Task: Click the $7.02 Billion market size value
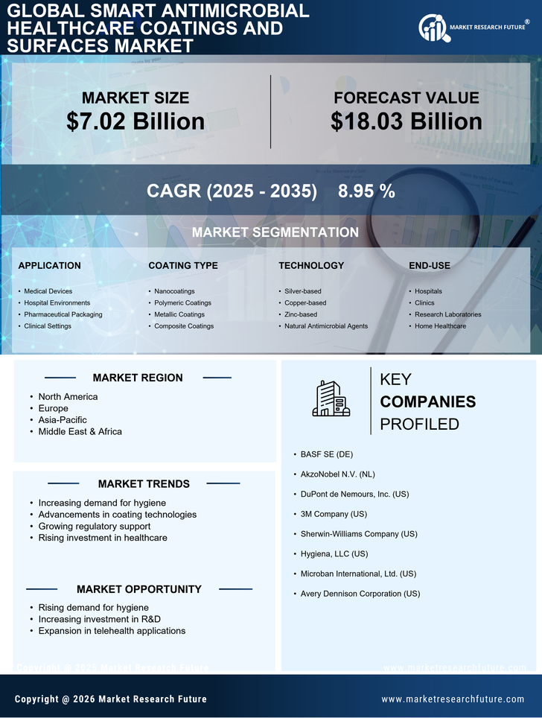pos(135,121)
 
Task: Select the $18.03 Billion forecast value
pos(406,121)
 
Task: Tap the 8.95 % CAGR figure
pos(366,191)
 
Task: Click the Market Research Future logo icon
pos(432,28)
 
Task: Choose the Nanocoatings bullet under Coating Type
pos(176,291)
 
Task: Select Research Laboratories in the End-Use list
pos(447,314)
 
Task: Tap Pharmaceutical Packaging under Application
pos(63,314)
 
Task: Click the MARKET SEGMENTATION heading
pos(275,232)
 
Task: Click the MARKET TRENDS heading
pos(144,484)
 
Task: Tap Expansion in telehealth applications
pos(112,631)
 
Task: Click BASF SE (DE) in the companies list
pos(327,454)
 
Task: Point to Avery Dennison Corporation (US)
pos(360,594)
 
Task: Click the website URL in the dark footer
pos(453,699)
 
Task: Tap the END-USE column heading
pos(430,266)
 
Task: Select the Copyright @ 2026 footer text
pos(111,699)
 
